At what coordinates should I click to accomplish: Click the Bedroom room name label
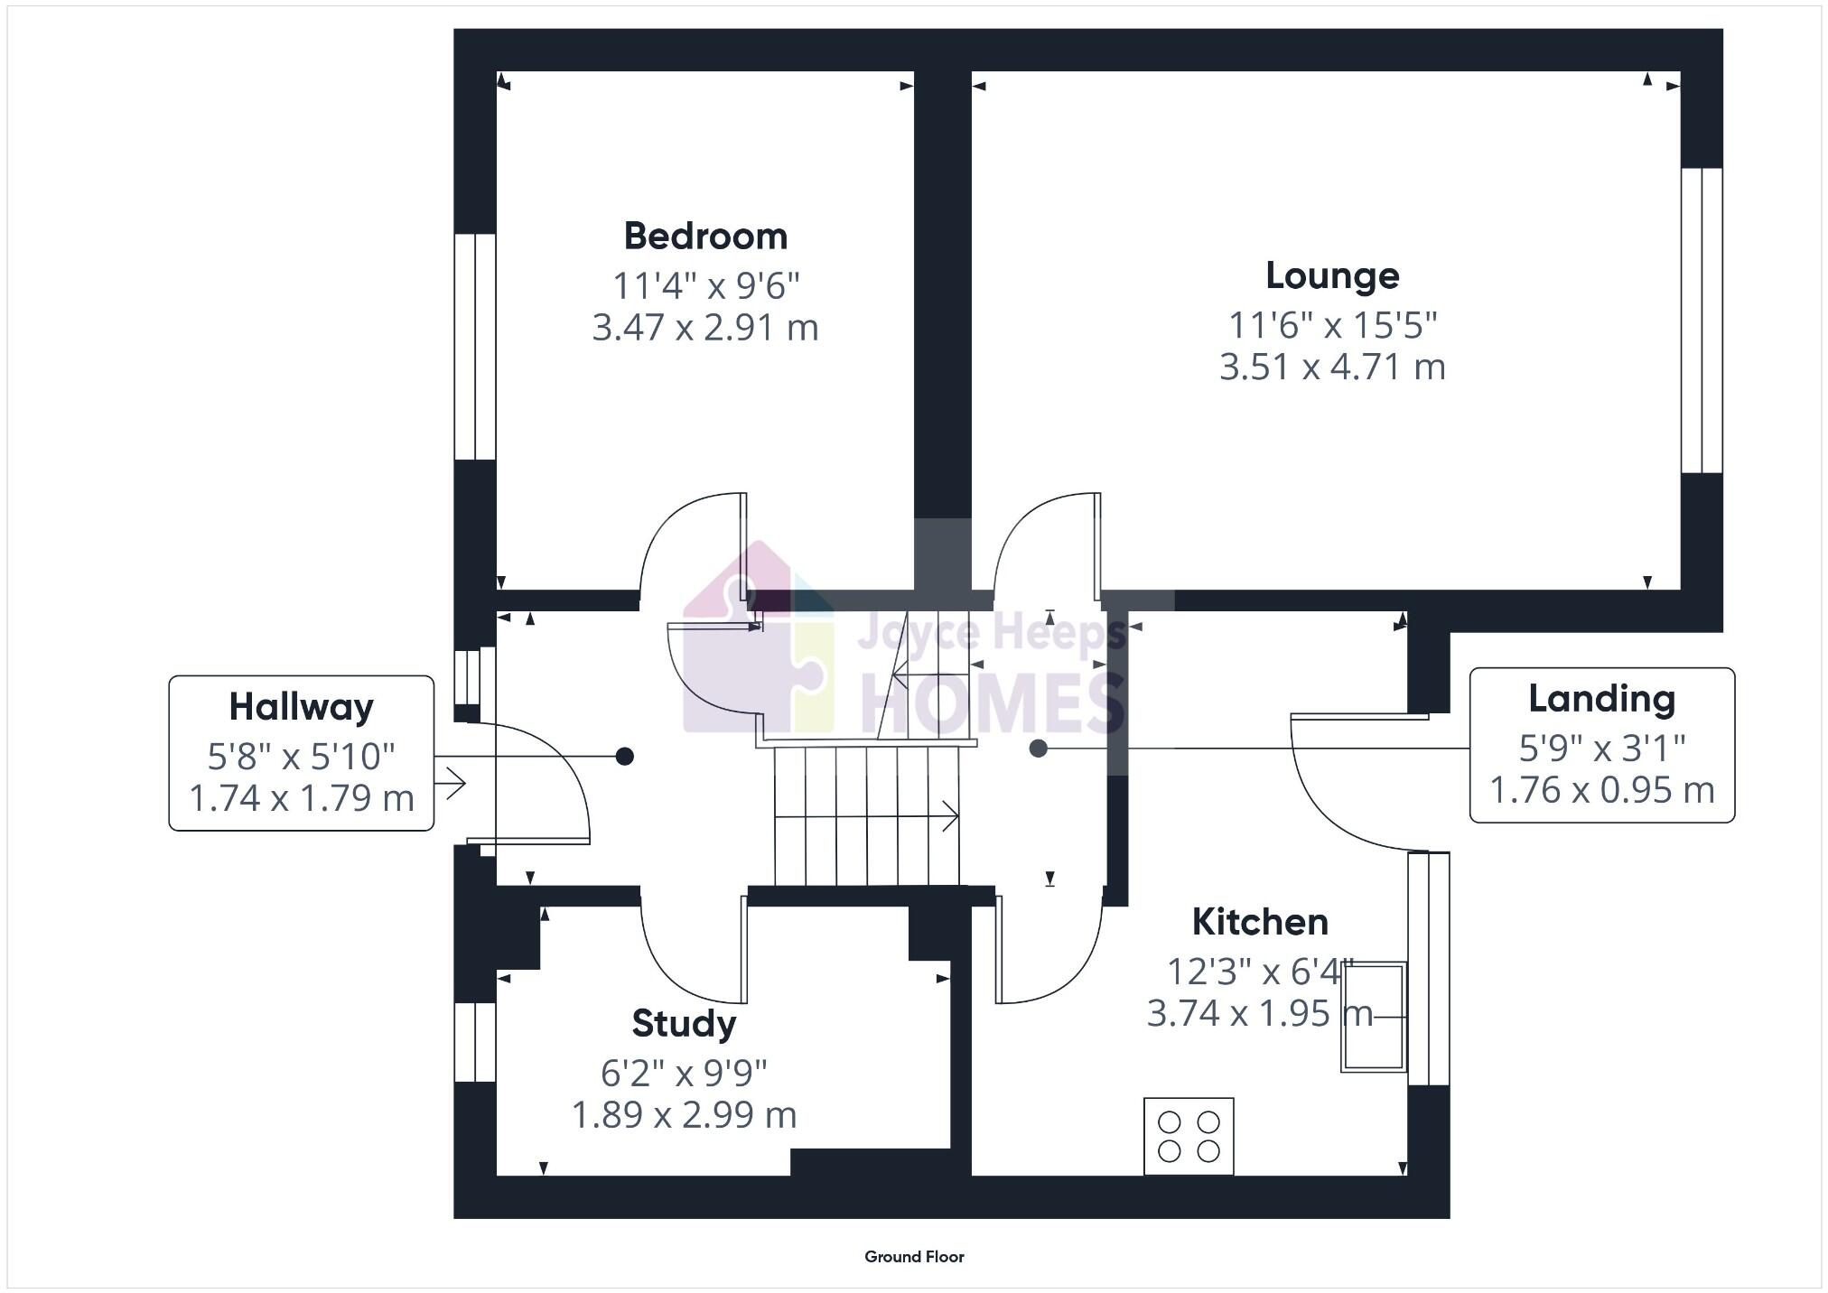point(705,237)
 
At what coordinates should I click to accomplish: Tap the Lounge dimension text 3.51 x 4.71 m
point(1332,367)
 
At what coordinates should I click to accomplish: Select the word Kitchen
point(1260,922)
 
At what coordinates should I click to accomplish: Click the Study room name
point(684,1023)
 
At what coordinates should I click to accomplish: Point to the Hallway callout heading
point(301,707)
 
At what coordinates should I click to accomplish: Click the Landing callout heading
point(1601,699)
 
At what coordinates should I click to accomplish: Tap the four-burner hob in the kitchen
point(1189,1136)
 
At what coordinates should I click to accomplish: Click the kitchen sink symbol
point(1373,1017)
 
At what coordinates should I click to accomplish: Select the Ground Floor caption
point(914,1256)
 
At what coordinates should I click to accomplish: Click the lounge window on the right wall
point(1702,321)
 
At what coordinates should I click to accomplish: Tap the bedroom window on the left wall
point(474,348)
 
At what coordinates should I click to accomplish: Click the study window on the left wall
point(474,1042)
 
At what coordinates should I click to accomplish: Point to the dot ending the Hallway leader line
point(624,757)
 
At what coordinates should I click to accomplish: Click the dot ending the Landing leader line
point(1039,749)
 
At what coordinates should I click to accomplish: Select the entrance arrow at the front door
point(451,782)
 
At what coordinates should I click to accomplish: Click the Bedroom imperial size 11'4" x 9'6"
point(705,286)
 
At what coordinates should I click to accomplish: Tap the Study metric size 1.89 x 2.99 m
point(684,1115)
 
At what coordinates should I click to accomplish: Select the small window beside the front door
point(468,676)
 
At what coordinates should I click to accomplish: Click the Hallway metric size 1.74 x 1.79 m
point(301,798)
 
